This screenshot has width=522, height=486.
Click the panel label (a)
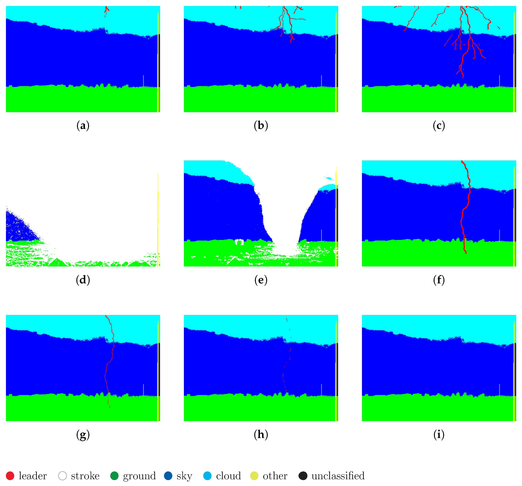click(83, 126)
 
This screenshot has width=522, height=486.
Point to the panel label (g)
click(83, 435)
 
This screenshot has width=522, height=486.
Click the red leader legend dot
click(10, 476)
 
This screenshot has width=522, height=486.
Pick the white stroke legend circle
click(63, 476)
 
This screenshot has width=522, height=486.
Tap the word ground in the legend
click(139, 476)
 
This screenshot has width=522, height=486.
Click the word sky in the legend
click(184, 476)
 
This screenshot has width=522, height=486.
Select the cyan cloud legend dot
click(207, 476)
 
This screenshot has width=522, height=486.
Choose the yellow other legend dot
click(254, 476)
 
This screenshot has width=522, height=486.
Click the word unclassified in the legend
click(338, 476)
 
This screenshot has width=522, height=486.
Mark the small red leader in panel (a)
click(106, 10)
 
